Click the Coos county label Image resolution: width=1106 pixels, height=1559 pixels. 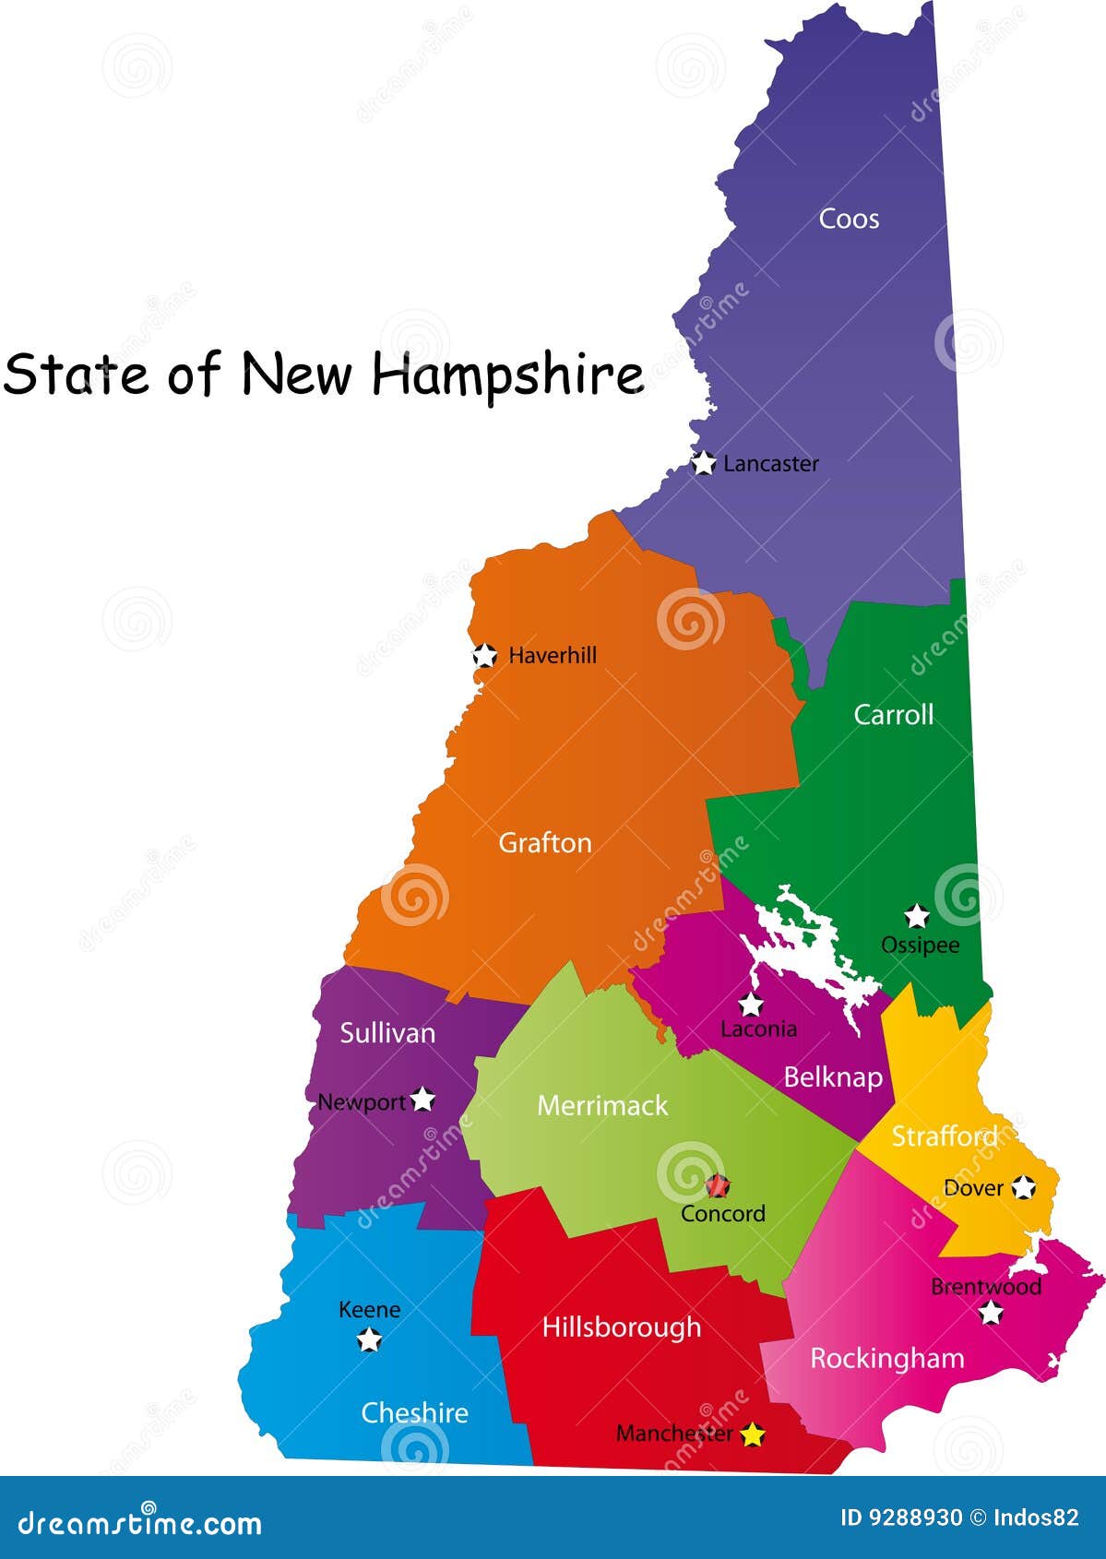pyautogui.click(x=849, y=220)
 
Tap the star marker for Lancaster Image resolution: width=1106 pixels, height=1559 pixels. pyautogui.click(x=703, y=463)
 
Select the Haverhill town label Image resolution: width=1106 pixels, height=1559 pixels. pyautogui.click(x=553, y=656)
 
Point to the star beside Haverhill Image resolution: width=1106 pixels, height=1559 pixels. pyautogui.click(x=484, y=656)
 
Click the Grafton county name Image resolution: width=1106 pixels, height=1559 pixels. pyautogui.click(x=544, y=843)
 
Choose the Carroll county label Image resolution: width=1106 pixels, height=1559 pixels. pyautogui.click(x=893, y=715)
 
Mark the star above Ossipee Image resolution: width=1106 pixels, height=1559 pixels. pyautogui.click(x=916, y=916)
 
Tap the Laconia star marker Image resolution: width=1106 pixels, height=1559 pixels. pyautogui.click(x=751, y=1005)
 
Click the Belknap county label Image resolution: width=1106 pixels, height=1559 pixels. pyautogui.click(x=833, y=1077)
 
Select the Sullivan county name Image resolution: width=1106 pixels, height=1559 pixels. pyautogui.click(x=387, y=1033)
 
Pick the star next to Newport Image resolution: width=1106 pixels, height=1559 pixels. pyautogui.click(x=422, y=1100)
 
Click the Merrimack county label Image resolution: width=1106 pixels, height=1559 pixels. pyautogui.click(x=602, y=1106)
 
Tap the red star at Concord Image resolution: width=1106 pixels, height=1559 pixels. pyautogui.click(x=718, y=1185)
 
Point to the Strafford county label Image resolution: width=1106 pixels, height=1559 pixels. pyautogui.click(x=945, y=1137)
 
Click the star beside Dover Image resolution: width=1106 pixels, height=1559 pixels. pyautogui.click(x=1023, y=1187)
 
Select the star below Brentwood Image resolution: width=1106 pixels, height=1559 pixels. pyautogui.click(x=991, y=1313)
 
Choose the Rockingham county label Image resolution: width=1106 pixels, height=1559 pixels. pyautogui.click(x=886, y=1358)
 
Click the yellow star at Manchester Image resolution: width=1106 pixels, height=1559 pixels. pyautogui.click(x=754, y=1434)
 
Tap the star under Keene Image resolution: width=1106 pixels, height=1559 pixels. pyautogui.click(x=369, y=1339)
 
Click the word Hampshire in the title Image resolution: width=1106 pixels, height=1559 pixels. pyautogui.click(x=507, y=375)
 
